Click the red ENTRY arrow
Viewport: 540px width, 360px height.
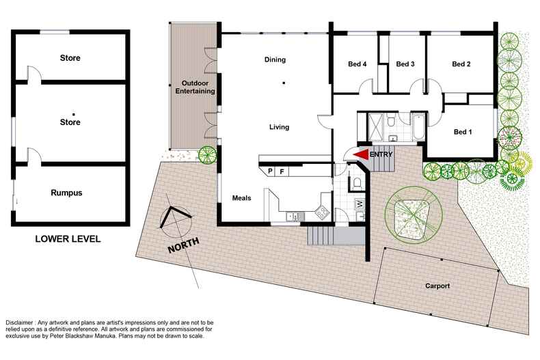(361, 156)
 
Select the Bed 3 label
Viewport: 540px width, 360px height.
(405, 64)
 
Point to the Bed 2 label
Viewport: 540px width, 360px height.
(461, 64)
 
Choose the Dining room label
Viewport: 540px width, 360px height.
(275, 59)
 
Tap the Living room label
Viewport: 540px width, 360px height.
(279, 127)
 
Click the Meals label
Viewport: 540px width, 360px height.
(242, 198)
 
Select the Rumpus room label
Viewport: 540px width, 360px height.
(66, 193)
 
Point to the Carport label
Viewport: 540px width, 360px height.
(436, 286)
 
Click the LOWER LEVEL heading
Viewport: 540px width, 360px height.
(68, 239)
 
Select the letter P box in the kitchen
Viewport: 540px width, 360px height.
(270, 171)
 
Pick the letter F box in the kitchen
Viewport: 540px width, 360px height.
(282, 171)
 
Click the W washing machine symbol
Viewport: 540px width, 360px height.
(360, 203)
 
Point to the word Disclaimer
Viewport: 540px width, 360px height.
(23, 322)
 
